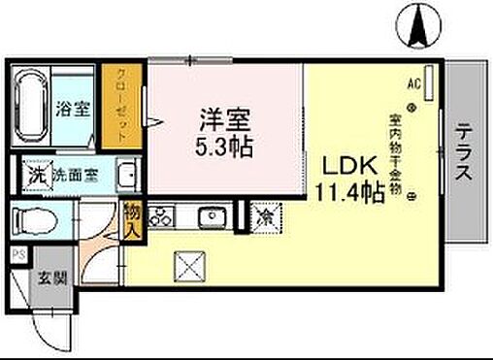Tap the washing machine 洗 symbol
pyautogui.click(x=36, y=177)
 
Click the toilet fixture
pyautogui.click(x=37, y=219)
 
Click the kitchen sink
pyautogui.click(x=211, y=216)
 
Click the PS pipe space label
pyautogui.click(x=17, y=254)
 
